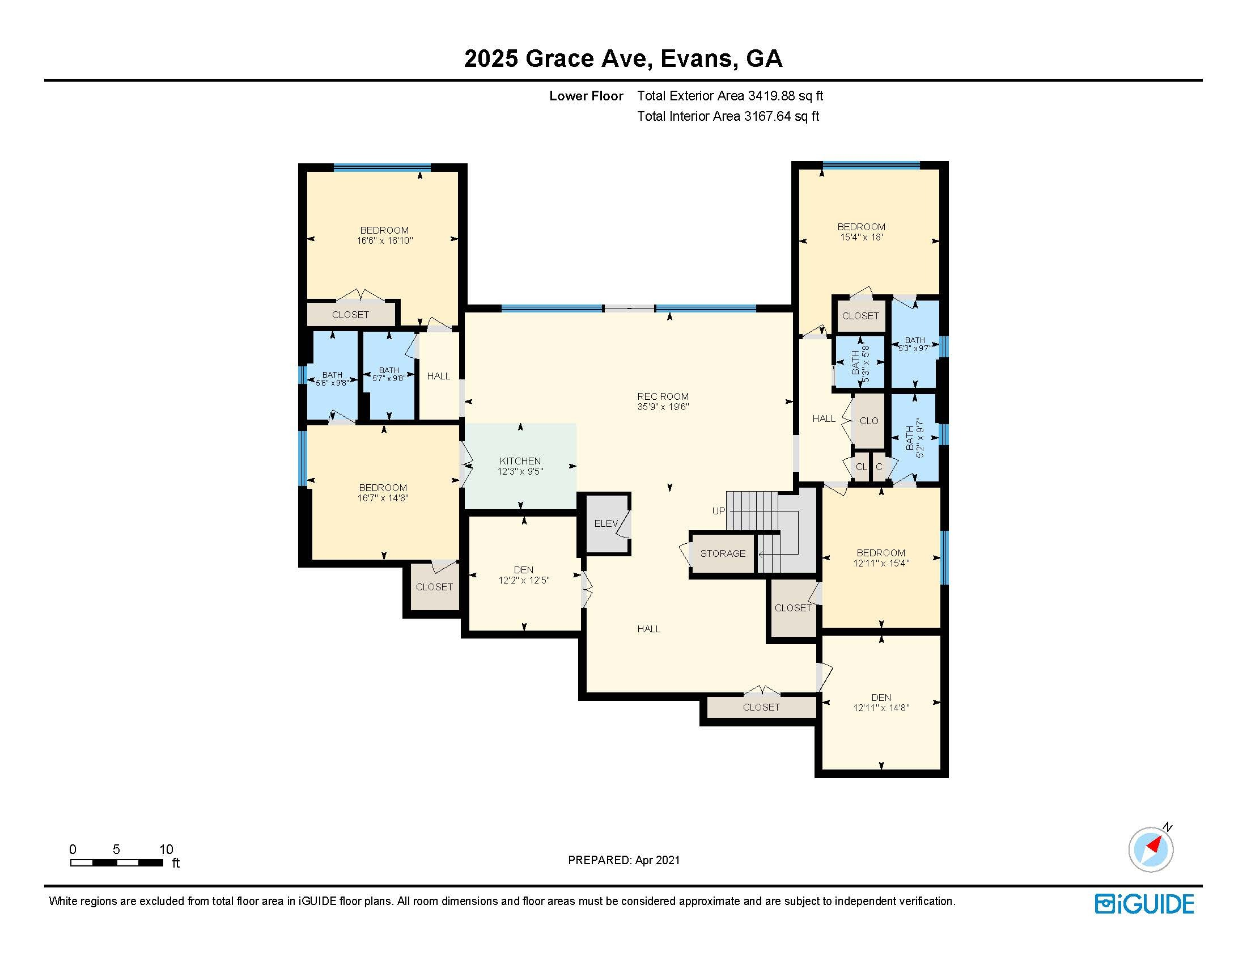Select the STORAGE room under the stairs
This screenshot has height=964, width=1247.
click(x=722, y=553)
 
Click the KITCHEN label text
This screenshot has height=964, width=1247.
click(x=520, y=461)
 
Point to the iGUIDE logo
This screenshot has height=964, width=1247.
click(x=1144, y=904)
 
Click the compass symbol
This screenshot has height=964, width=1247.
click(x=1151, y=849)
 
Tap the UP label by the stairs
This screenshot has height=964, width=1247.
click(x=718, y=511)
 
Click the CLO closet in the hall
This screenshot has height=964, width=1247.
click(x=868, y=421)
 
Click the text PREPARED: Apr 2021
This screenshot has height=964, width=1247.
click(x=623, y=860)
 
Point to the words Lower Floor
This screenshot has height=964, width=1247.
click(x=586, y=96)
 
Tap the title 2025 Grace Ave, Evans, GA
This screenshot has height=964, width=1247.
click(x=623, y=58)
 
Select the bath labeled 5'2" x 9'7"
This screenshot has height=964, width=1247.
click(x=915, y=437)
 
